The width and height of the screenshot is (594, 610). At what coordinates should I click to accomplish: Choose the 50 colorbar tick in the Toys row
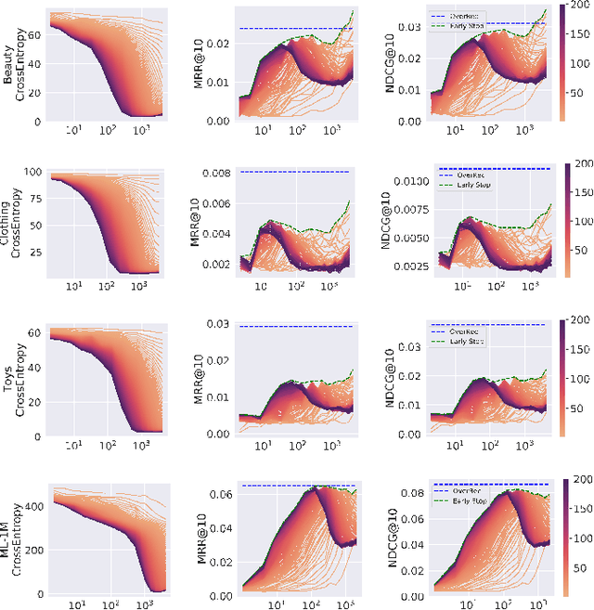point(575,409)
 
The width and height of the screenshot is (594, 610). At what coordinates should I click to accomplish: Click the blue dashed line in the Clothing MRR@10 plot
point(297,172)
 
